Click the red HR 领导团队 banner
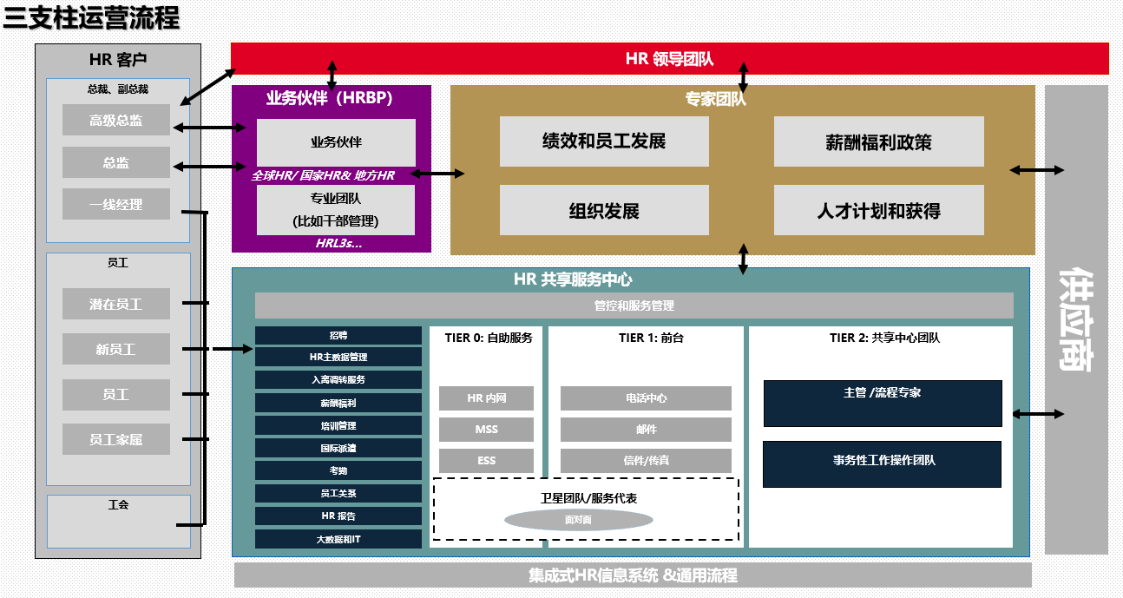click(669, 58)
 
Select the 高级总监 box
click(115, 121)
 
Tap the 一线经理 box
click(115, 205)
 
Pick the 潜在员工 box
click(115, 304)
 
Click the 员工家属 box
click(115, 439)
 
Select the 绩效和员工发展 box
click(604, 141)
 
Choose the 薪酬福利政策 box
click(878, 141)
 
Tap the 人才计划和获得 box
click(878, 211)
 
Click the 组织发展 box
click(604, 211)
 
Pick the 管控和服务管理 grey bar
click(634, 306)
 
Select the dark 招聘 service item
click(338, 335)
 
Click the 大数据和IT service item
click(338, 539)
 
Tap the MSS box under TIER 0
click(486, 430)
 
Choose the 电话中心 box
click(646, 398)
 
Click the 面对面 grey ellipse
click(578, 521)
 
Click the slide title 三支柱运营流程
click(91, 18)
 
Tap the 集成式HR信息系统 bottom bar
click(633, 575)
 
